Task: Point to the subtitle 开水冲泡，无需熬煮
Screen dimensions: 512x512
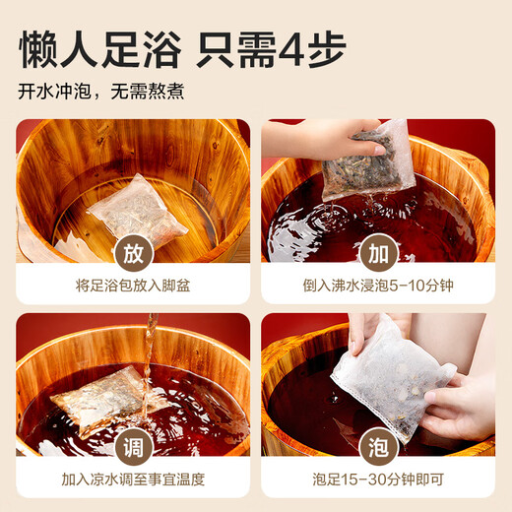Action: pos(100,93)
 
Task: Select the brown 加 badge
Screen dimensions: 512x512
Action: pos(377,252)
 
